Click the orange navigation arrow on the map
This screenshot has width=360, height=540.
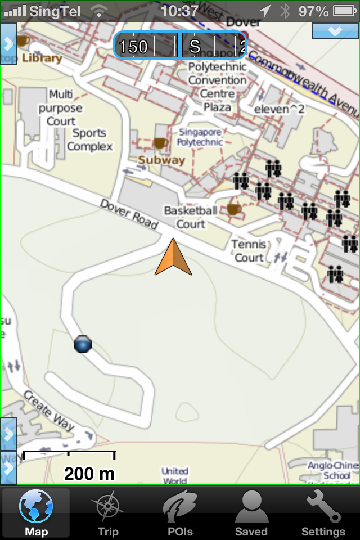tap(173, 258)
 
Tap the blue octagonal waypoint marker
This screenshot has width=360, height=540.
tap(83, 344)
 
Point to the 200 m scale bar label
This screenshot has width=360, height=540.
tap(89, 474)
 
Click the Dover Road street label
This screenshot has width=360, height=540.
tap(129, 214)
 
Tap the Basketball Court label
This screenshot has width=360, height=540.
tap(191, 217)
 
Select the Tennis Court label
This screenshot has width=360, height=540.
tap(249, 251)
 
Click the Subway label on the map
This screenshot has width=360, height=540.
tap(161, 160)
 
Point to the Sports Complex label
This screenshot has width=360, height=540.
tap(89, 140)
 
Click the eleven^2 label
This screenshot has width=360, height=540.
tap(280, 109)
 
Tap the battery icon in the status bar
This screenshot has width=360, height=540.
tap(344, 11)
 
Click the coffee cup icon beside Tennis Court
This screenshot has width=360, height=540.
tap(234, 209)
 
